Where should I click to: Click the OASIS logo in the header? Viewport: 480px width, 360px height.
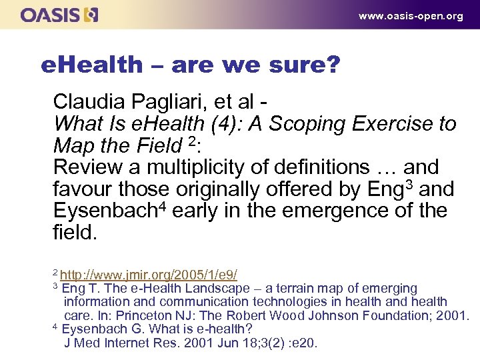tap(59, 15)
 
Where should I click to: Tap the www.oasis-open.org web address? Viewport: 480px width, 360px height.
tap(411, 16)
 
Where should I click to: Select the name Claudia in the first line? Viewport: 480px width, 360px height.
tap(87, 102)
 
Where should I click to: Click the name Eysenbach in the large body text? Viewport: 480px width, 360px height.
tap(108, 211)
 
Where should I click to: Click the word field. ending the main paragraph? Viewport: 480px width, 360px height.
tap(75, 233)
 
